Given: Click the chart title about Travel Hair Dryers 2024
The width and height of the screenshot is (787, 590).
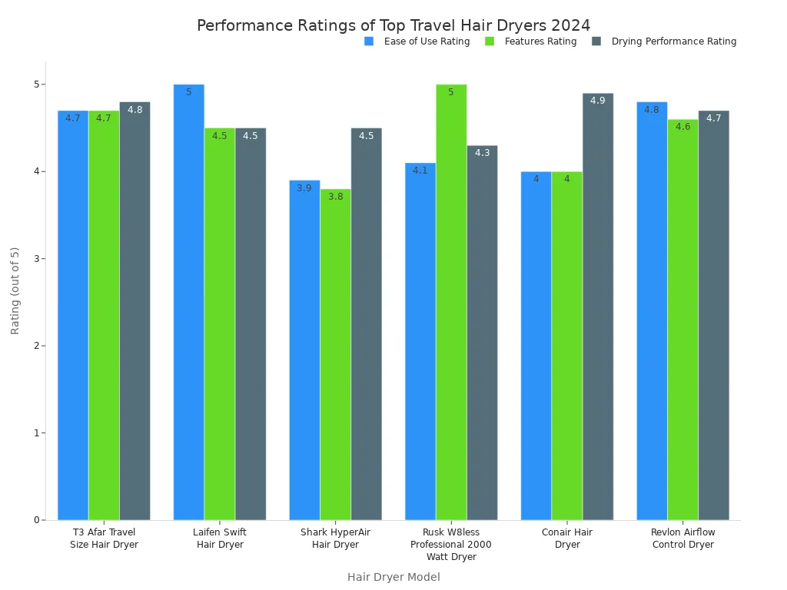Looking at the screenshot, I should (x=393, y=25).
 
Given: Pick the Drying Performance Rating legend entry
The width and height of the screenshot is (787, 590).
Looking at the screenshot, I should (x=673, y=41).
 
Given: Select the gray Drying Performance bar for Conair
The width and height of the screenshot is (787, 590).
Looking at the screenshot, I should (x=598, y=307).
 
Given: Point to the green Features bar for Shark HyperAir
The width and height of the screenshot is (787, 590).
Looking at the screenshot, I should (x=335, y=354).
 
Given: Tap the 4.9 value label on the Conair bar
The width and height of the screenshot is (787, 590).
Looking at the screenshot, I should (x=598, y=101).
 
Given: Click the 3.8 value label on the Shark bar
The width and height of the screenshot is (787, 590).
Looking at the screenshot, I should (x=335, y=197).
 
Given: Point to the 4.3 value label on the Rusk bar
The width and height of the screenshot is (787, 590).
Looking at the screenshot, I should (x=482, y=153).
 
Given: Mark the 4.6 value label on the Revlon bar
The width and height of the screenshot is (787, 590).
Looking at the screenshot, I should (x=682, y=127).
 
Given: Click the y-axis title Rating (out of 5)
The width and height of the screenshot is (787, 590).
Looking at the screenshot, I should (x=15, y=290).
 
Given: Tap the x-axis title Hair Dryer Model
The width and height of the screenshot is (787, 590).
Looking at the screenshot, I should (x=393, y=577).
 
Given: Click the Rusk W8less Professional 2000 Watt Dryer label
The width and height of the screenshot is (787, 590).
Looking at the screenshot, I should (x=451, y=545).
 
